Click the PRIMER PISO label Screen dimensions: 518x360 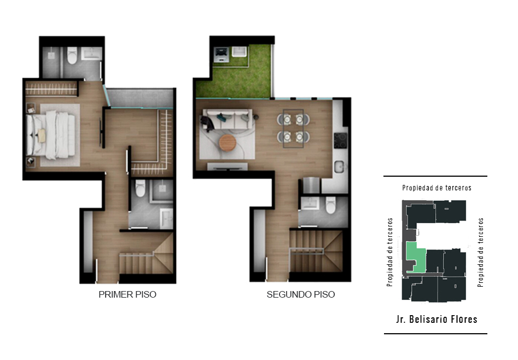127,294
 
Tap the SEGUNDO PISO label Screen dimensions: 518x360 301,294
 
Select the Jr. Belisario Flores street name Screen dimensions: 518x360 436,319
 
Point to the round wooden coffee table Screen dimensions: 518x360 228,143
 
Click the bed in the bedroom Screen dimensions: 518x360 51,135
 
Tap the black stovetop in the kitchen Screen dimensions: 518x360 340,141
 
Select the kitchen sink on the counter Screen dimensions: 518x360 339,167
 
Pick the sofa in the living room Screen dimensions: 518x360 226,119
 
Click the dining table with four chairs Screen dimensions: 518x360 293,128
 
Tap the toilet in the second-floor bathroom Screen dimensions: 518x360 330,205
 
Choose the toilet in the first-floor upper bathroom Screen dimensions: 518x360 72,55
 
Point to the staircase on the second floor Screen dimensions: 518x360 316,251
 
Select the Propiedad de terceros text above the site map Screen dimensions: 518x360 436,188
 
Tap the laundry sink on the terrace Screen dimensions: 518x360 239,51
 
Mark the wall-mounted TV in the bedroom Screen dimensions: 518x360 101,132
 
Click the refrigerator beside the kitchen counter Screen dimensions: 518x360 311,185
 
